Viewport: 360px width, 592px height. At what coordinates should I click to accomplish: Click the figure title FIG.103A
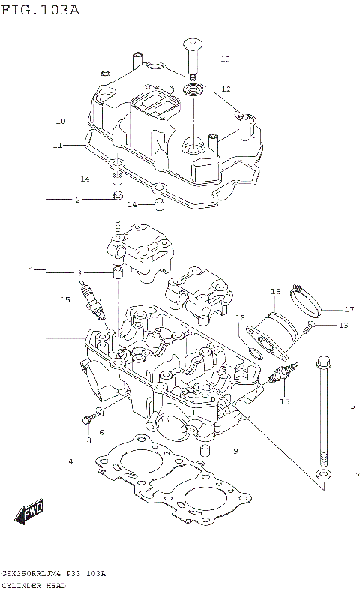coord(40,10)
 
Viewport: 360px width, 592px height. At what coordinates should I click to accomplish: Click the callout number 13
coord(225,59)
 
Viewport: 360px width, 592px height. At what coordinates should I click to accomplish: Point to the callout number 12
coord(226,89)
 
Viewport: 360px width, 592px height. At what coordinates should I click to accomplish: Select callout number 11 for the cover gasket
coord(58,145)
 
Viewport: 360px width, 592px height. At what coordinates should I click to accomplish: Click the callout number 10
coord(61,121)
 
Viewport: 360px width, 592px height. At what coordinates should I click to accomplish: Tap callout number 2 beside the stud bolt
coord(77,200)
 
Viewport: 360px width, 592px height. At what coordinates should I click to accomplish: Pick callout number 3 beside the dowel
coord(79,272)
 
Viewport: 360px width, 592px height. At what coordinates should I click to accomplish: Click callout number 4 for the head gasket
coord(70,461)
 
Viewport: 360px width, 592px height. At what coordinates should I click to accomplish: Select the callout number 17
coord(349,308)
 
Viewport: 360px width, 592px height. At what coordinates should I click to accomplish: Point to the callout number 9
coord(235,451)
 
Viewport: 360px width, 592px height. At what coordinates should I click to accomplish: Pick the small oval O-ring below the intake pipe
coord(254,347)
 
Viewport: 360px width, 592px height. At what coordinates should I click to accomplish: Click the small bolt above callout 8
coord(88,415)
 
